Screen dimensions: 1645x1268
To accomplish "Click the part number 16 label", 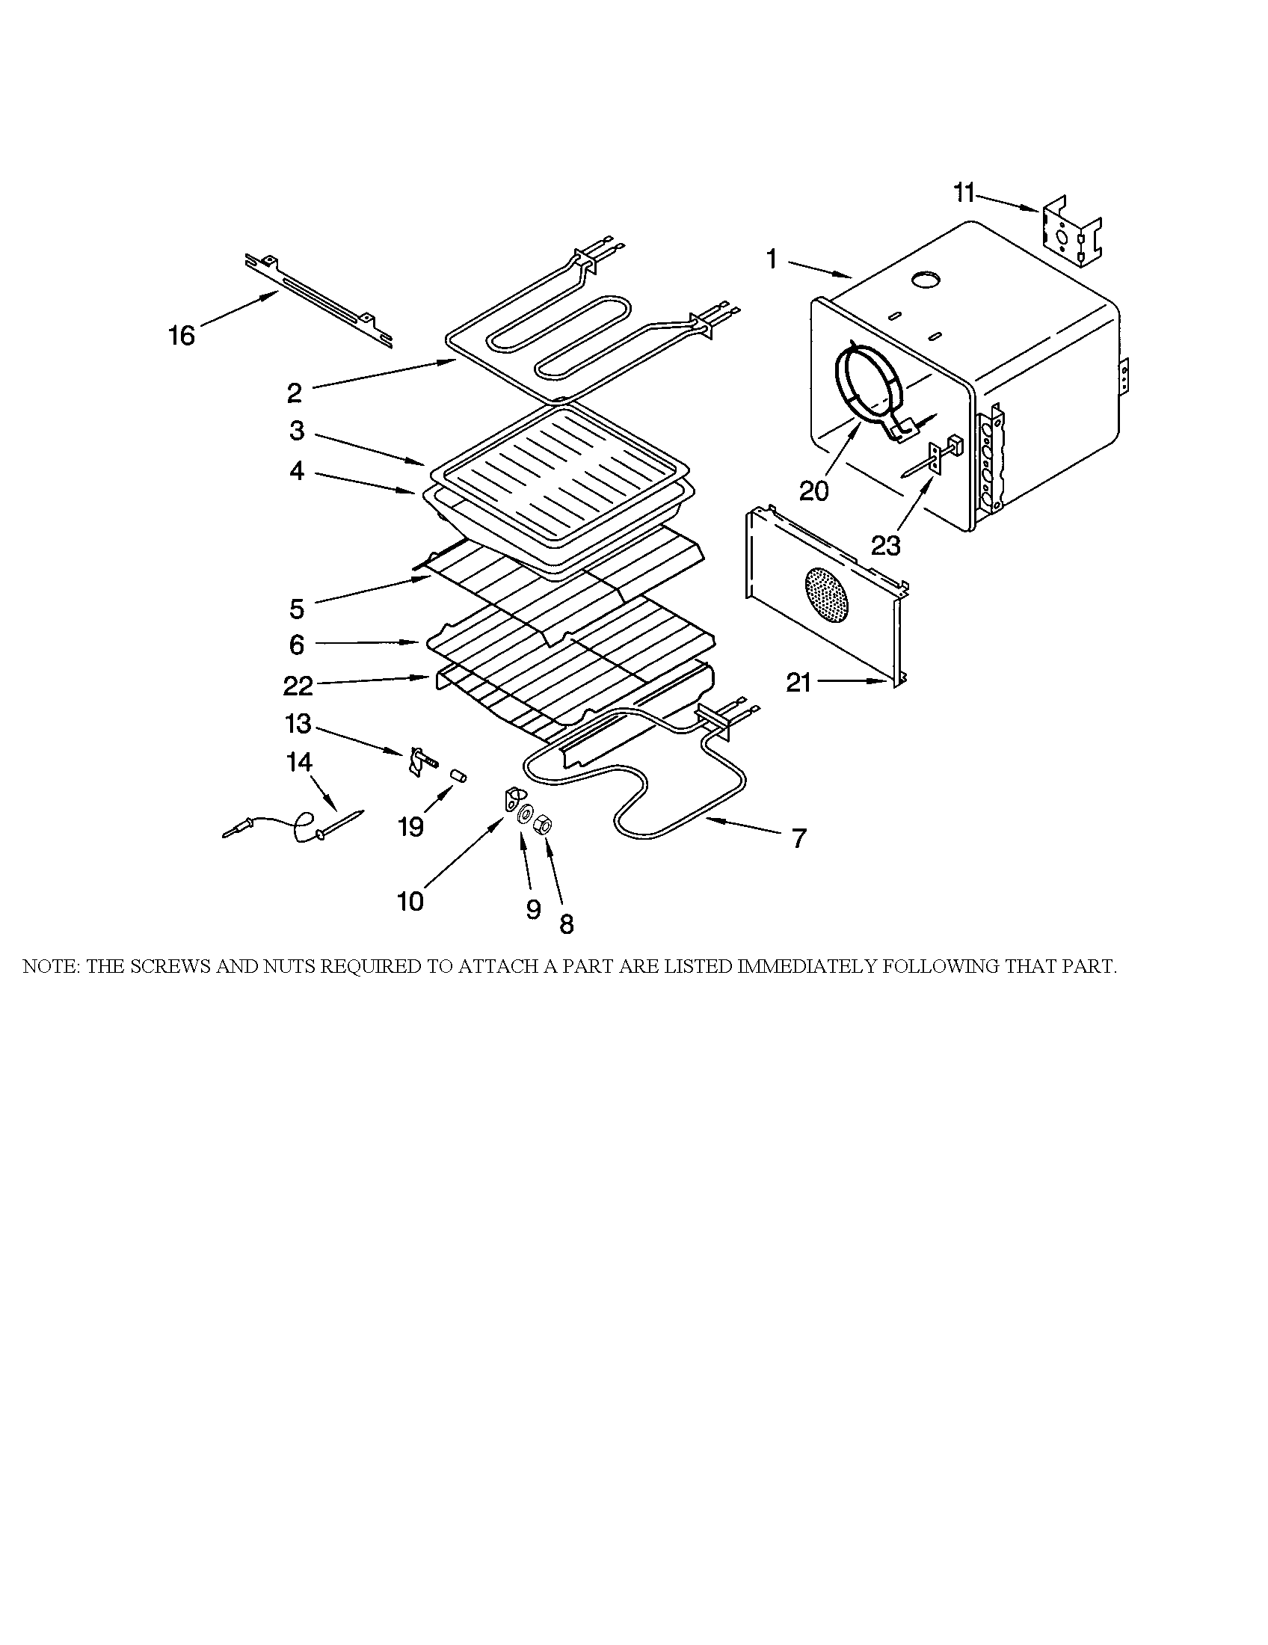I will [182, 335].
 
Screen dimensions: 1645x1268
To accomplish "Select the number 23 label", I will [885, 545].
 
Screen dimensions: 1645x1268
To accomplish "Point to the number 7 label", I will [799, 837].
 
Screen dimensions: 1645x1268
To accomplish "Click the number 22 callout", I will [298, 686].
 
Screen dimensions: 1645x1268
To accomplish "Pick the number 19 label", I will [411, 827].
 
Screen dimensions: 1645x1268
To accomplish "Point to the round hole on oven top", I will [926, 281].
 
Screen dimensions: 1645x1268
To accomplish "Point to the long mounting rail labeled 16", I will [319, 301].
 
